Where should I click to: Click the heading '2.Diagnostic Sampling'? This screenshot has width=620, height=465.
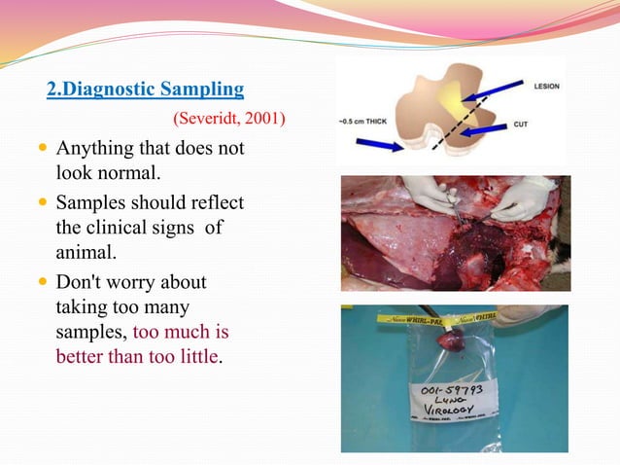click(145, 90)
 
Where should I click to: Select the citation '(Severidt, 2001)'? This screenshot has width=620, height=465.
click(228, 120)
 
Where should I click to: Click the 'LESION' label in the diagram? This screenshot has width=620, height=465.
click(547, 86)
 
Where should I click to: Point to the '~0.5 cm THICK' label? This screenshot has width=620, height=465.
click(365, 122)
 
